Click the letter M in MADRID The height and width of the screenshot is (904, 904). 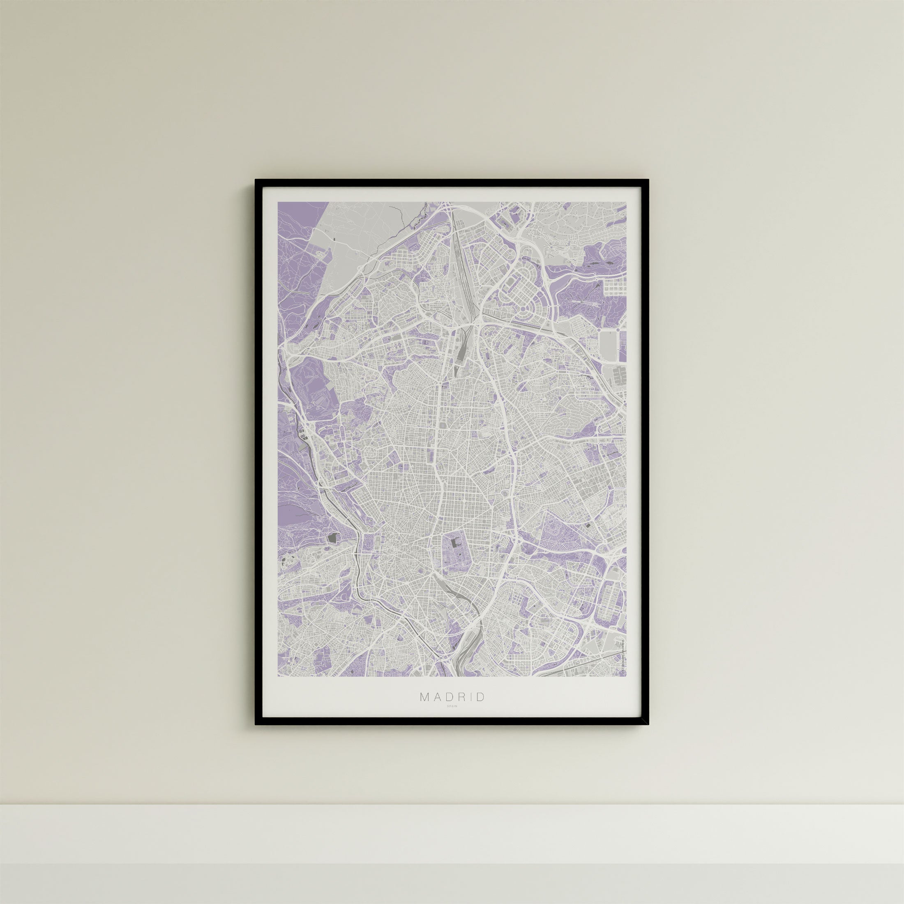[424, 710]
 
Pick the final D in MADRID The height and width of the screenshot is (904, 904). [481, 710]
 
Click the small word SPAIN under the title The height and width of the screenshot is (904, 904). [452, 719]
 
